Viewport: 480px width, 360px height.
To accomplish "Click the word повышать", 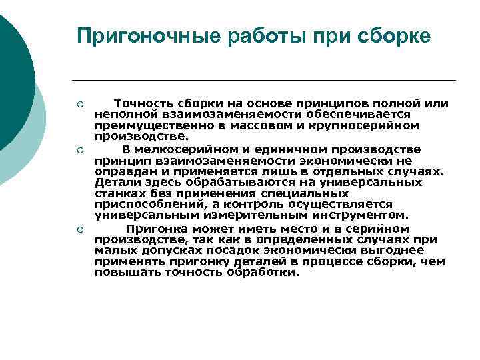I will [127, 273].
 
